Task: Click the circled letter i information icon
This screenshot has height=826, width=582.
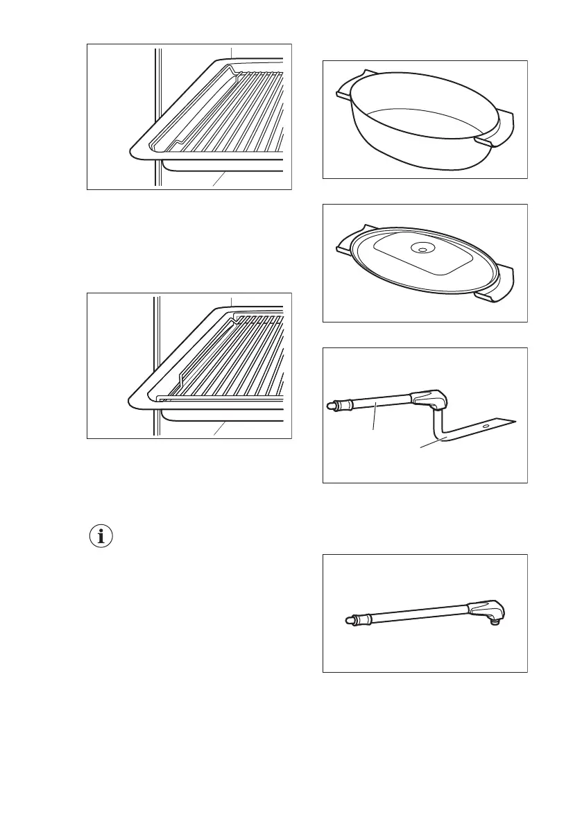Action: pyautogui.click(x=102, y=537)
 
